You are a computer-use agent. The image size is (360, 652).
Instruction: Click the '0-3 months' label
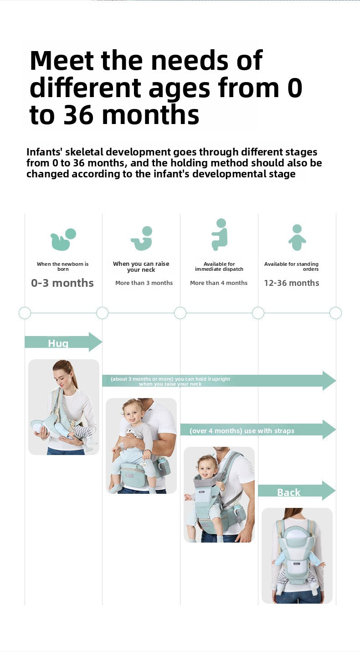pyautogui.click(x=62, y=283)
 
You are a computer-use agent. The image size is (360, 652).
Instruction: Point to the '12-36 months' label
pyautogui.click(x=292, y=283)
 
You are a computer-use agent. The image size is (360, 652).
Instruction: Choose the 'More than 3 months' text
pyautogui.click(x=144, y=283)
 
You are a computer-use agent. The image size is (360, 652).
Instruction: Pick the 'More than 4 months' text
pyautogui.click(x=219, y=283)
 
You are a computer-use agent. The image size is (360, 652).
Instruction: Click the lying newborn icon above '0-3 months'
pyautogui.click(x=63, y=239)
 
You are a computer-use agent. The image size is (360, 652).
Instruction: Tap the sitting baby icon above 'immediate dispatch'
pyautogui.click(x=220, y=234)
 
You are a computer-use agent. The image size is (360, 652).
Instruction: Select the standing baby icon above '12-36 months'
pyautogui.click(x=297, y=237)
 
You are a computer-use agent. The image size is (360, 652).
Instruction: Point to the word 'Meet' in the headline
pyautogui.click(x=62, y=60)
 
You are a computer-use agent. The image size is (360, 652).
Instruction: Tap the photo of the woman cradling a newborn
pyautogui.click(x=64, y=407)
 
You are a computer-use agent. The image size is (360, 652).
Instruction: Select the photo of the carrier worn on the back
pyautogui.click(x=297, y=555)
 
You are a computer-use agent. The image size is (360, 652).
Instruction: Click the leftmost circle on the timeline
pyautogui.click(x=25, y=313)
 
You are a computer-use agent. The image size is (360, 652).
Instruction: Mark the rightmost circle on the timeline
pyautogui.click(x=335, y=313)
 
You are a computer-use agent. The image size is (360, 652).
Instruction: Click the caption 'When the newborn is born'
pyautogui.click(x=63, y=267)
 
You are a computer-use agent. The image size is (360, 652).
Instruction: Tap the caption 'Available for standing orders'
pyautogui.click(x=292, y=267)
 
